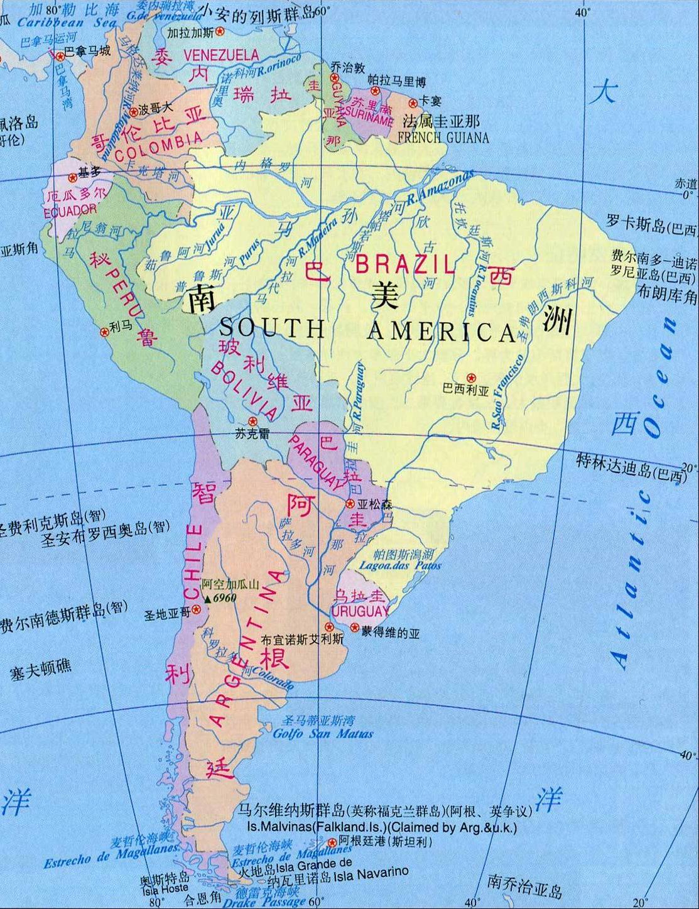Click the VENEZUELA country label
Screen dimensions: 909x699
(x=213, y=55)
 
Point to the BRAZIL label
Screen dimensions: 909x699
(x=405, y=264)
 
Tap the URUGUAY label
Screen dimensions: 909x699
(x=360, y=611)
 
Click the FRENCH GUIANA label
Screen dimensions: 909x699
(x=443, y=138)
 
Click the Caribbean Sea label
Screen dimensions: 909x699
(x=67, y=23)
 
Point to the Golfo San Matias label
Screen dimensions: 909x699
(x=323, y=733)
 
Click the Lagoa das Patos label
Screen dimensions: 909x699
(x=400, y=565)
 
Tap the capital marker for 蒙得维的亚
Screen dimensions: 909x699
(x=354, y=628)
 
